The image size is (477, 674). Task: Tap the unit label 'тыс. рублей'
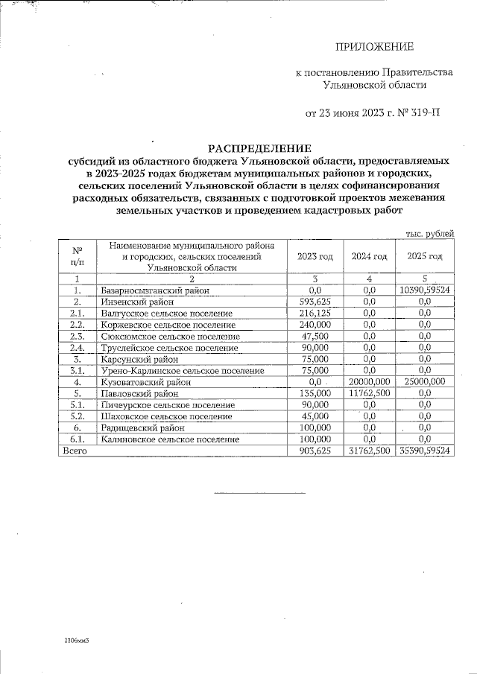click(x=429, y=234)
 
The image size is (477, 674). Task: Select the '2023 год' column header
click(x=315, y=256)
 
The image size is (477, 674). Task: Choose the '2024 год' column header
click(x=370, y=256)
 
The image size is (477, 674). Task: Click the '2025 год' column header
click(x=425, y=256)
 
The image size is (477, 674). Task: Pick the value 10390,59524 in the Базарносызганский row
click(x=426, y=290)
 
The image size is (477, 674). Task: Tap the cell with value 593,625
click(x=315, y=302)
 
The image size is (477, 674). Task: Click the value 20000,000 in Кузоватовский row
click(x=370, y=381)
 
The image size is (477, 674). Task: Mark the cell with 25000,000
click(x=425, y=381)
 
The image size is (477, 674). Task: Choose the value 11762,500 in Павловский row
click(x=370, y=392)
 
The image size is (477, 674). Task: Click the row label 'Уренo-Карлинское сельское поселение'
click(x=182, y=370)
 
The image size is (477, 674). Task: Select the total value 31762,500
click(x=370, y=451)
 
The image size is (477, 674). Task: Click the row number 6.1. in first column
click(x=76, y=439)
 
